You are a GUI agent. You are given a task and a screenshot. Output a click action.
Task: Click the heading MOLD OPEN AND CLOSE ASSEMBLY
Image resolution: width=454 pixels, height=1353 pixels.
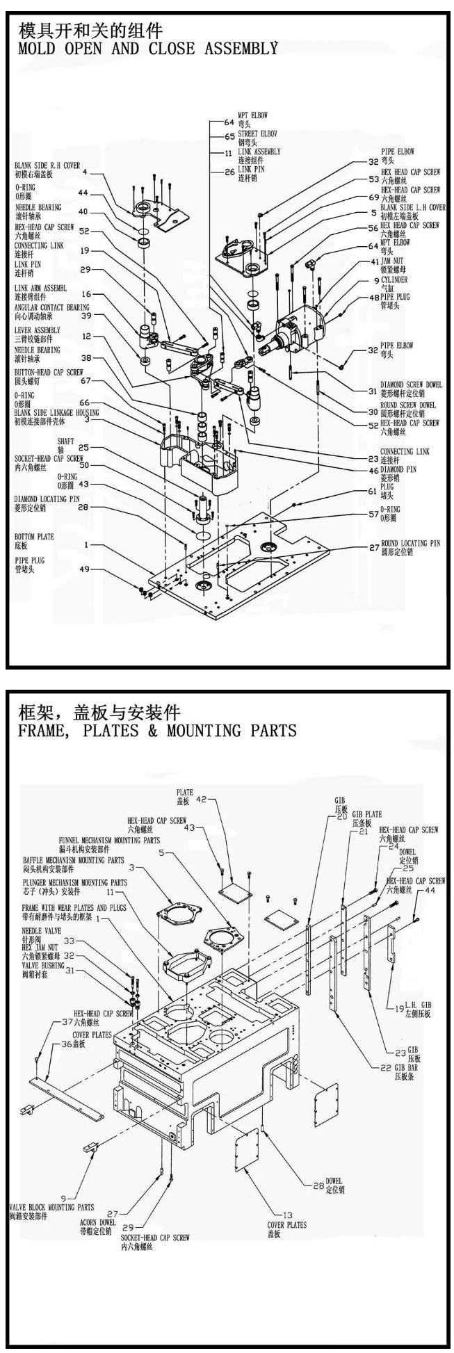tap(147, 49)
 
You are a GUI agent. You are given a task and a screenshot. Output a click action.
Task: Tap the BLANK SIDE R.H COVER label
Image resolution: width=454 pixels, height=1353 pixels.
tap(47, 166)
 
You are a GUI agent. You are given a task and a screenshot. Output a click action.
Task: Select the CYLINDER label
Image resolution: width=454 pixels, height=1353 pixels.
tap(394, 280)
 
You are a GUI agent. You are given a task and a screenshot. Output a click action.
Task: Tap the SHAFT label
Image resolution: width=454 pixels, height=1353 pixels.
tap(66, 441)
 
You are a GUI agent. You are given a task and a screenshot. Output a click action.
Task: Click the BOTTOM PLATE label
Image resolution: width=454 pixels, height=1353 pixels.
tap(34, 537)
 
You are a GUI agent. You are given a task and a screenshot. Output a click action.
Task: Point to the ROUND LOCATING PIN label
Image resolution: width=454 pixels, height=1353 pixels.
tap(410, 543)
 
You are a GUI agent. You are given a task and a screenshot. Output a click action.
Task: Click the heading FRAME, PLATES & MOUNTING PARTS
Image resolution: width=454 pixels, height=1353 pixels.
tap(157, 731)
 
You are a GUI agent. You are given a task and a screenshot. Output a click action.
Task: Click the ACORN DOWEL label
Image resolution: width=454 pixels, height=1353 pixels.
tap(98, 1222)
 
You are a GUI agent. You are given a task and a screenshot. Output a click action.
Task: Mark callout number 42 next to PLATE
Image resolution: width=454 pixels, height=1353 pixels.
tap(202, 799)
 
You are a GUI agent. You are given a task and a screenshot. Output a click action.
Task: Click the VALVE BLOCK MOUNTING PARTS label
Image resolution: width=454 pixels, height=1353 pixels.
tap(51, 1207)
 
